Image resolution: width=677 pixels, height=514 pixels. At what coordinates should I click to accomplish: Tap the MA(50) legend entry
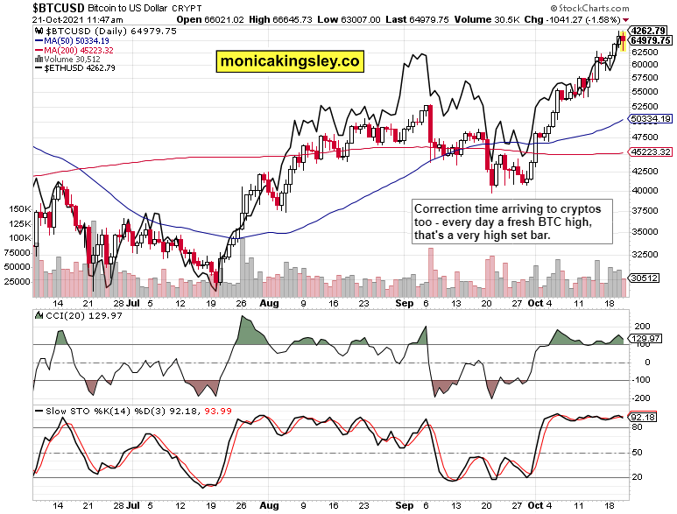(x=72, y=39)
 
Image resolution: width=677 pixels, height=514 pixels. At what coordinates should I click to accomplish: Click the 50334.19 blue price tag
(x=649, y=119)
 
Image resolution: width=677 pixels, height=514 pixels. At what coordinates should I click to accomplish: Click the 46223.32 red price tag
(x=649, y=151)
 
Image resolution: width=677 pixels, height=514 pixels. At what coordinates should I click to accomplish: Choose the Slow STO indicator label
(x=61, y=410)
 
